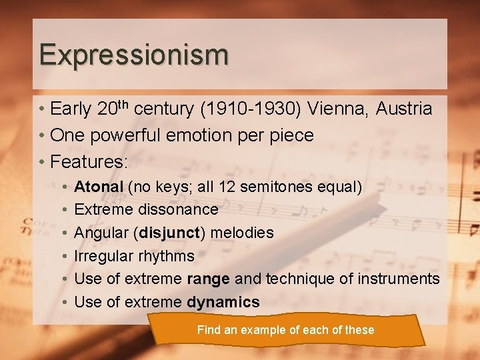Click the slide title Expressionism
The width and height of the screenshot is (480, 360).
[133, 55]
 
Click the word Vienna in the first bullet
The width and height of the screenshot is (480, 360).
[341, 109]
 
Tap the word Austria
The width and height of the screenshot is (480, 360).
[405, 109]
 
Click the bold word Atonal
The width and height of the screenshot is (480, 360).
[99, 187]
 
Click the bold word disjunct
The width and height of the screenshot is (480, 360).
[168, 233]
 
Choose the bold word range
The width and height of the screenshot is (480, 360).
[208, 279]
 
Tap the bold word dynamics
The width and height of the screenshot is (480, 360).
[223, 303]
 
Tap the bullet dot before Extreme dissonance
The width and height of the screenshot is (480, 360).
[63, 210]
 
